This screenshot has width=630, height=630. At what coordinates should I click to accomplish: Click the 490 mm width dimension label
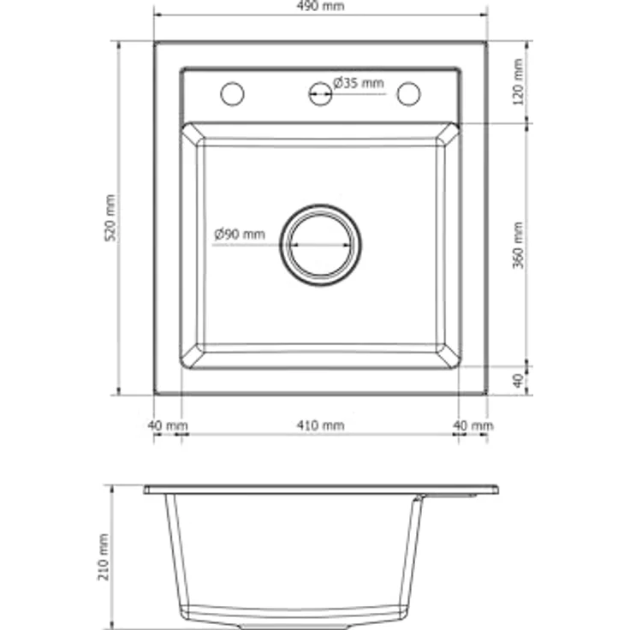[x=320, y=6]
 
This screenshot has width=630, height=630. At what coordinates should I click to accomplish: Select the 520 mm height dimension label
[x=110, y=217]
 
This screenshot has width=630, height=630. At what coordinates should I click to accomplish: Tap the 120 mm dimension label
[x=519, y=82]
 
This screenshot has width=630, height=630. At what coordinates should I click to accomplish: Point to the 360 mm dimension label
[x=519, y=246]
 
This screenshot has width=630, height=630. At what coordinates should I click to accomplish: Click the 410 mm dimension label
[x=320, y=425]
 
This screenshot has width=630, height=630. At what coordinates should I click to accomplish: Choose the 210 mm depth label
[x=104, y=557]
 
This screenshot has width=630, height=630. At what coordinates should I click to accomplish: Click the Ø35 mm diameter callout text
[x=359, y=83]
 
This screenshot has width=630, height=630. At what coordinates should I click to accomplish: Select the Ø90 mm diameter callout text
[x=240, y=234]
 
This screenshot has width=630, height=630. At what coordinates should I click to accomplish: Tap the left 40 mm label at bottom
[x=168, y=425]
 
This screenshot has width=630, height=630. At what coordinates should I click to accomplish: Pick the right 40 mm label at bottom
[x=473, y=425]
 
